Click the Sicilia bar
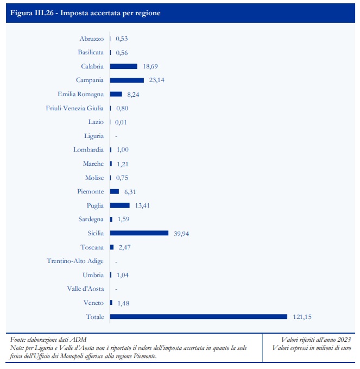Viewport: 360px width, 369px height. pos(139,233)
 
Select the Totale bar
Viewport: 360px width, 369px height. pos(198,317)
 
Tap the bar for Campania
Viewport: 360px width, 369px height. pos(127,80)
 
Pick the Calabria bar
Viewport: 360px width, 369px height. pos(123,66)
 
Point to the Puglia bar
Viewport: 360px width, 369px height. pos(119,205)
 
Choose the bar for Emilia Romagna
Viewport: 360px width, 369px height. pos(116,94)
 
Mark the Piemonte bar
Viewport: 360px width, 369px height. pos(114,191)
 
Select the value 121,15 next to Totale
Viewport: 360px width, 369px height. pos(302,317)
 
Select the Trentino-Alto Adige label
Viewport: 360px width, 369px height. pos(75,261)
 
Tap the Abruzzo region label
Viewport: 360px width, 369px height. pos(91,39)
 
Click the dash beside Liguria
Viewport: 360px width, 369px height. pos(116,136)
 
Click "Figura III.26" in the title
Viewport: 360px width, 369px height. pos(35,12)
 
